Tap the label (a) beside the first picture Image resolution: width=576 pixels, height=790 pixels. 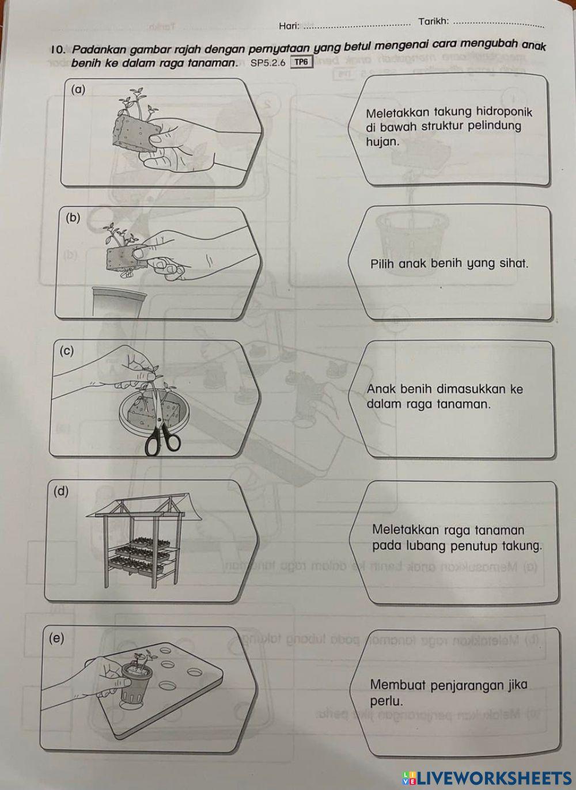click(x=78, y=89)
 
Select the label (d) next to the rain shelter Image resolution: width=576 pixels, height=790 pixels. click(x=60, y=491)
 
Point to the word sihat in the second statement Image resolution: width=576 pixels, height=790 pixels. click(x=513, y=264)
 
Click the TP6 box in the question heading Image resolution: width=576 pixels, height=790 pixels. click(x=301, y=62)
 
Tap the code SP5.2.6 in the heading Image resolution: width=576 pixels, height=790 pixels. click(x=268, y=63)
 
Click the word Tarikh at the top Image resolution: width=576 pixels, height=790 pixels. click(x=433, y=21)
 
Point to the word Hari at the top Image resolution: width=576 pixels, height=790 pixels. click(x=289, y=26)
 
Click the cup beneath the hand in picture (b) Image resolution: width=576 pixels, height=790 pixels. click(x=119, y=301)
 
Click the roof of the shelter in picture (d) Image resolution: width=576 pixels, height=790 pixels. click(x=144, y=505)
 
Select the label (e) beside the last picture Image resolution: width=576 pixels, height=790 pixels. click(x=57, y=638)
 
